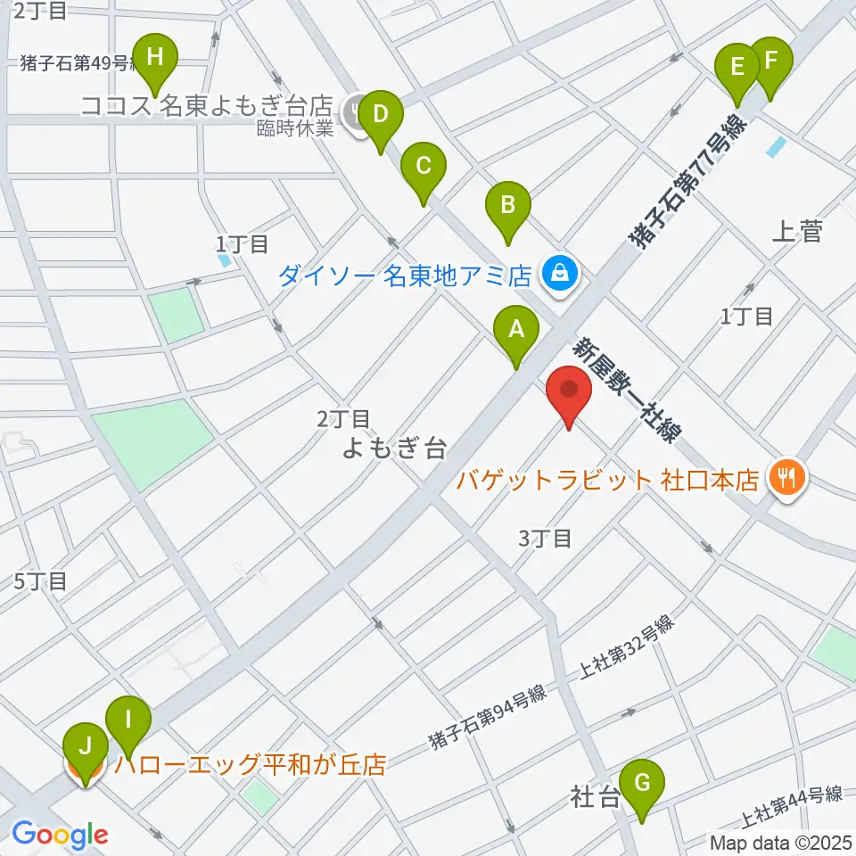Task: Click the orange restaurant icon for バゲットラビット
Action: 786,480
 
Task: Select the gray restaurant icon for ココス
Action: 358,113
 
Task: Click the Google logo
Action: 60,835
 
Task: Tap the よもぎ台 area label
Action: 394,449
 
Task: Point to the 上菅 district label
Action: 795,234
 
